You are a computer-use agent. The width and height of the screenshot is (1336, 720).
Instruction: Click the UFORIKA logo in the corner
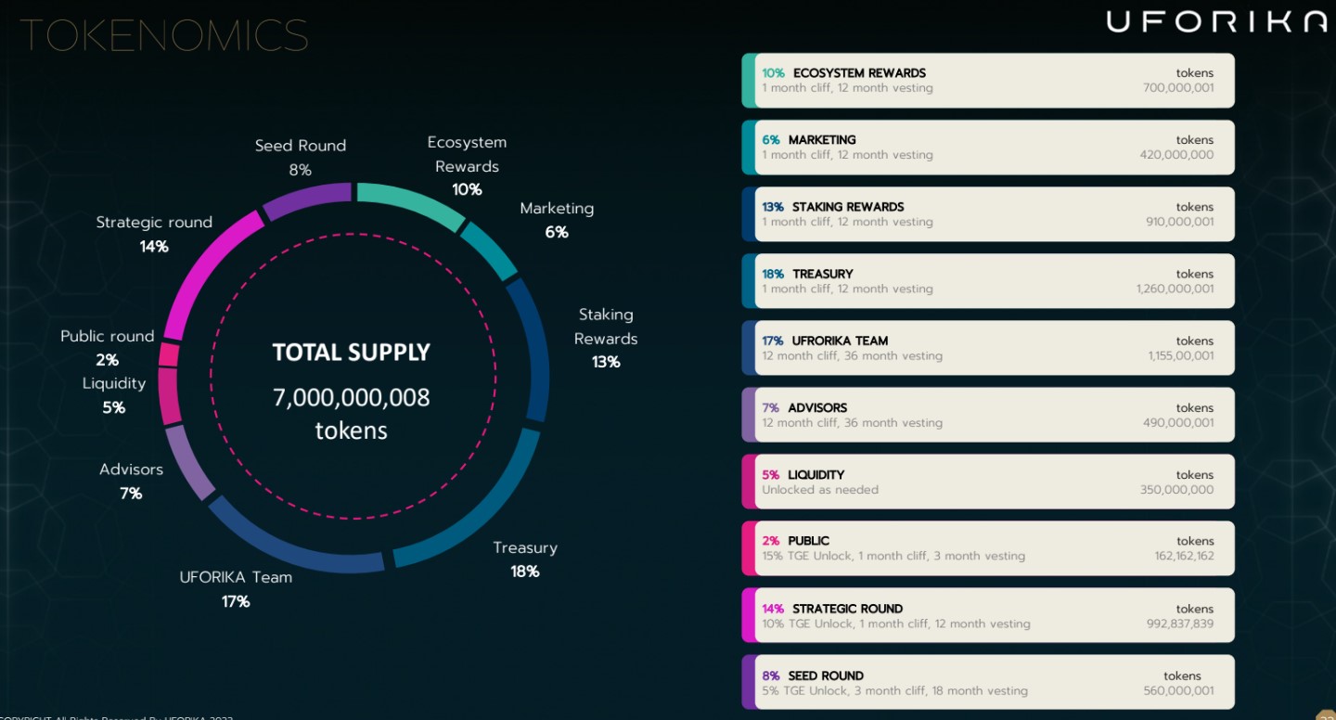1216,21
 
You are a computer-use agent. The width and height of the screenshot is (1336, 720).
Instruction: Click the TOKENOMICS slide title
164,35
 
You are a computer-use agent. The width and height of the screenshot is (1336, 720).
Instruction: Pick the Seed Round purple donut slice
307,199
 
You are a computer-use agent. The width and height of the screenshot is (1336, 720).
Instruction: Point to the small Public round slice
169,354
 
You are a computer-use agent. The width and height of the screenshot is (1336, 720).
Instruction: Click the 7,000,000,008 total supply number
351,397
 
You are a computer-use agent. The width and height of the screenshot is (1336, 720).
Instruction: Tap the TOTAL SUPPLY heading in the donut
351,353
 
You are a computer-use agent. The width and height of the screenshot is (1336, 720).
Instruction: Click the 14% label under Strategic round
154,247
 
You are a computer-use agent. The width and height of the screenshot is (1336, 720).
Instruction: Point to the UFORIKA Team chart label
236,577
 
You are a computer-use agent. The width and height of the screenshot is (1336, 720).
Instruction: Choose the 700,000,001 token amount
1177,88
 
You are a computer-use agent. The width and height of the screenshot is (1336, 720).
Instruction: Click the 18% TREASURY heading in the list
807,274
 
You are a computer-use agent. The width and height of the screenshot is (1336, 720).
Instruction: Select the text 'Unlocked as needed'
820,490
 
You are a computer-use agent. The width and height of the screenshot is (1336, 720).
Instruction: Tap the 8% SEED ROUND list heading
813,675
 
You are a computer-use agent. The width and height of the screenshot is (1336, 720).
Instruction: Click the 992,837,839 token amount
1179,624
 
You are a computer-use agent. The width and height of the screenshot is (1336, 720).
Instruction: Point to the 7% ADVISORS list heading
804,407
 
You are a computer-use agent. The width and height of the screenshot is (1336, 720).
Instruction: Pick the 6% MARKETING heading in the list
809,140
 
